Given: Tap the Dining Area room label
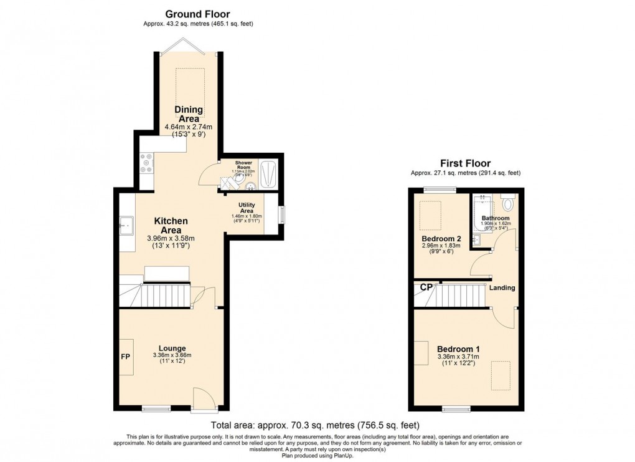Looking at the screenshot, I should pos(189,114).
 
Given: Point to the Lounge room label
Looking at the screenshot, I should pos(172,348).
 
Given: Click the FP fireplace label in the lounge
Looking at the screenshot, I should pos(125,357).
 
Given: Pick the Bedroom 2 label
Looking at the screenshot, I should pos(441,239).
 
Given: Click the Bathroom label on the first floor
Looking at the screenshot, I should pos(496,218).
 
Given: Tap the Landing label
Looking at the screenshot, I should pos(501,287).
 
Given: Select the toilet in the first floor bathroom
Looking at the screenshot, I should pos(507,202).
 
